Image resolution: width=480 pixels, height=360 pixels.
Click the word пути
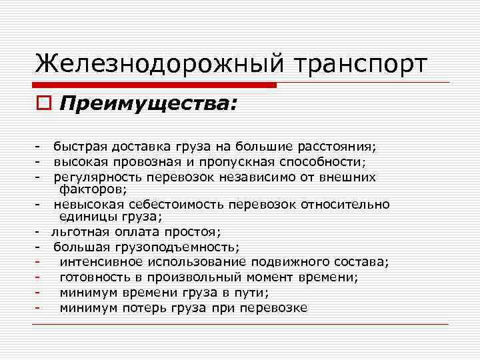click(253, 292)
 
